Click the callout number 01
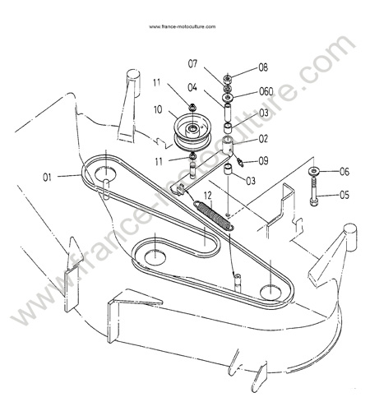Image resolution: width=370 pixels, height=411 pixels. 47,178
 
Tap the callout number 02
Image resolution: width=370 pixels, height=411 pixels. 263,139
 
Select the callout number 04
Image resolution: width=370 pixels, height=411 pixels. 192,88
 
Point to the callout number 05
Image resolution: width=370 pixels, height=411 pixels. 345,195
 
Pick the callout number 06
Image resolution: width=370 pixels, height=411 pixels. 345,172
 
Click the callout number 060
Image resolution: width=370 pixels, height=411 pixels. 266,91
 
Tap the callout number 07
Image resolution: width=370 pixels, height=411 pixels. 192,64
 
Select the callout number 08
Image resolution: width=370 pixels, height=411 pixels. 263,67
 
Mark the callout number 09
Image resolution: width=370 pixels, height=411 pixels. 263,161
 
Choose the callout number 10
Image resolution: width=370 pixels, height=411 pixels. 158,109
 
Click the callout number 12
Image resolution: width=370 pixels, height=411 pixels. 208,196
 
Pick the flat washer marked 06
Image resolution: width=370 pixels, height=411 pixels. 314,171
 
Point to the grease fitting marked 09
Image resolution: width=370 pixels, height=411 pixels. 240,162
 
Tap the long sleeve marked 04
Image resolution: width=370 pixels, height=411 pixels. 228,113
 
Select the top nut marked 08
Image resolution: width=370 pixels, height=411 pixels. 228,80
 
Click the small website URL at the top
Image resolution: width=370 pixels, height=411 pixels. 183,26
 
